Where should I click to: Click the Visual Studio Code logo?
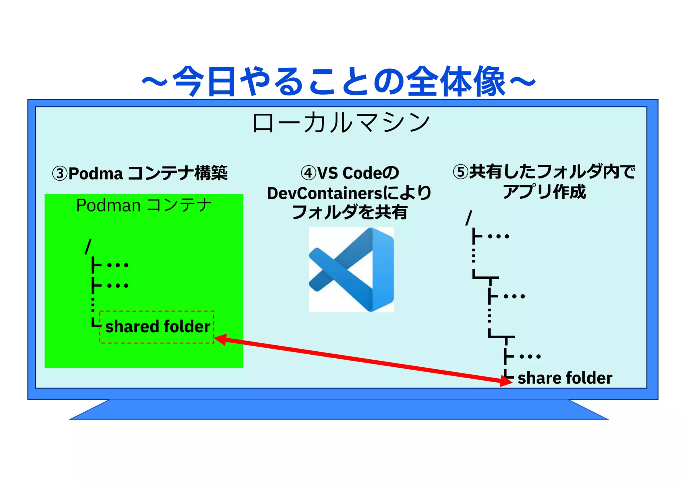pos(351,270)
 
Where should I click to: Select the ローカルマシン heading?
pos(341,122)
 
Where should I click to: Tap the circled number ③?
pos(60,174)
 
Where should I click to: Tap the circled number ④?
pos(308,173)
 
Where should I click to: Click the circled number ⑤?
pos(461,172)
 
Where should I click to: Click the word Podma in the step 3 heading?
pos(96,174)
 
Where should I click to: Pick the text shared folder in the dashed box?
pos(157,326)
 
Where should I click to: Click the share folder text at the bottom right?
pos(565,378)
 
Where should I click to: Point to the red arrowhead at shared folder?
pos(220,339)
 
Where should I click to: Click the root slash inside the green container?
pos(88,247)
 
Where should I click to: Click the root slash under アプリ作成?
pos(469,218)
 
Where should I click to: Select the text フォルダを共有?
pos(349,212)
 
